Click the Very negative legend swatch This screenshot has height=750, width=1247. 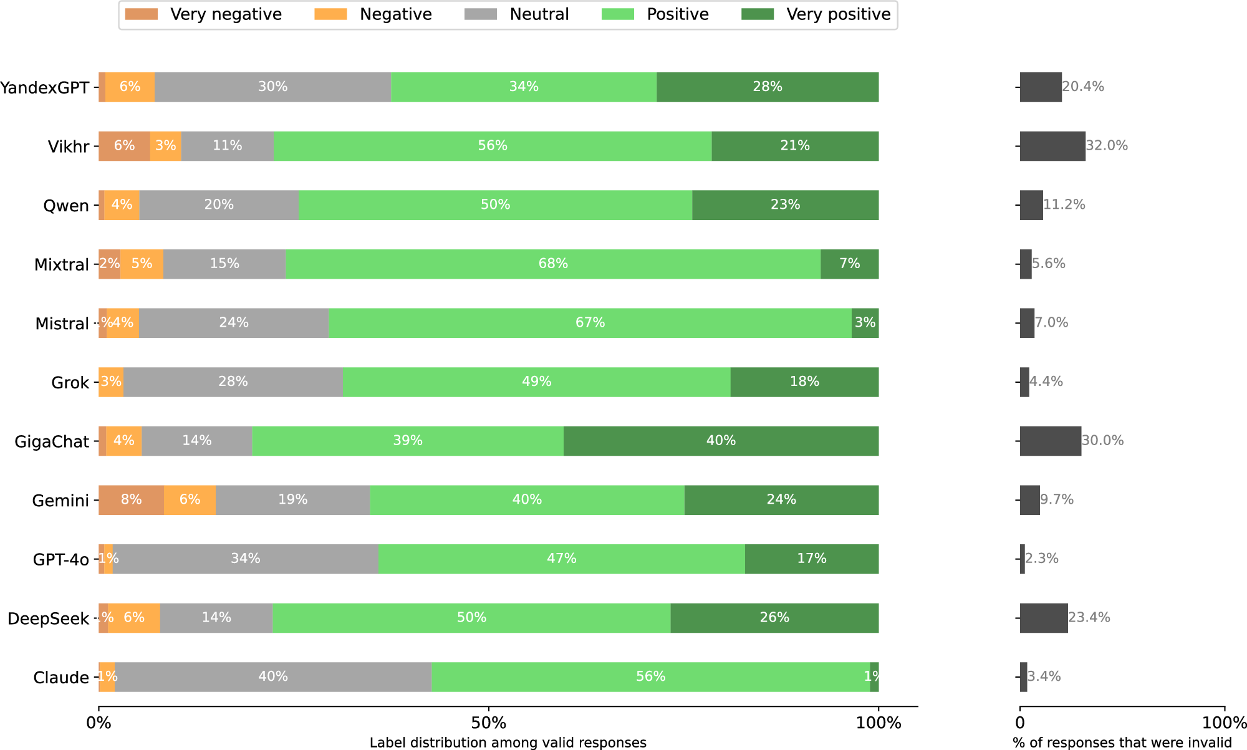[141, 14]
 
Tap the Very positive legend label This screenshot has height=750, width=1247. [838, 14]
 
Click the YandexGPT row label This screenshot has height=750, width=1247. [45, 87]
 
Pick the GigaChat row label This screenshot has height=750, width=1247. [52, 442]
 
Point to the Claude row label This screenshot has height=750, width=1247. [61, 678]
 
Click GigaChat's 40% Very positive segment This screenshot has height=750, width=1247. [721, 441]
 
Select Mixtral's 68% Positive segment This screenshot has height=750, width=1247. [553, 264]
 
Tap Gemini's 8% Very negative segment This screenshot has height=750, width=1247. [131, 500]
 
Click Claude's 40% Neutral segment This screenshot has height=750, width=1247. [273, 677]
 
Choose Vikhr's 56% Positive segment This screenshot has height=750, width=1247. [493, 146]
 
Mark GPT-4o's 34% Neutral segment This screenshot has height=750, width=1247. [246, 559]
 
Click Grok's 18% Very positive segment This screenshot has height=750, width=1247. [804, 382]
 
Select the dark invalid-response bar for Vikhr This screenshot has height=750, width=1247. [1052, 146]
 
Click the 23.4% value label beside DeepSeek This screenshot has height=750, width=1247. [1089, 618]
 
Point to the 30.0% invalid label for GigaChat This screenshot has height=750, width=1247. [1102, 441]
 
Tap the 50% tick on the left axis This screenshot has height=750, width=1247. [489, 723]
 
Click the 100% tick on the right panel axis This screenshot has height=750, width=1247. [1225, 723]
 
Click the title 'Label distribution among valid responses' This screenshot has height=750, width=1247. [508, 743]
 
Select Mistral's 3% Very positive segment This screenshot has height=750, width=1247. [865, 323]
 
